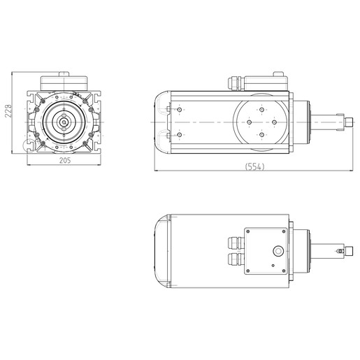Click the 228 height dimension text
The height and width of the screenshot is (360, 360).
(8, 111)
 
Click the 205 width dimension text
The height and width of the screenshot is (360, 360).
(65, 161)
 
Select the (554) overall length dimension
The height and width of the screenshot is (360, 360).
(254, 166)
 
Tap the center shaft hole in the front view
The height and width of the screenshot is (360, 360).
(64, 122)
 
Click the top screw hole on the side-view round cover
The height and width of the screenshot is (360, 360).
(261, 110)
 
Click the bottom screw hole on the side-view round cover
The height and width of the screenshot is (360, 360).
(261, 135)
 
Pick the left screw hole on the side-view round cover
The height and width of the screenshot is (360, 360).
(250, 122)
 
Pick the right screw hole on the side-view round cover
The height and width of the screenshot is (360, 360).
(274, 122)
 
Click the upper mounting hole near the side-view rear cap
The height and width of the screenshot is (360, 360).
(179, 110)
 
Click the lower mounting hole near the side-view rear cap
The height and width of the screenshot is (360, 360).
(179, 135)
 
